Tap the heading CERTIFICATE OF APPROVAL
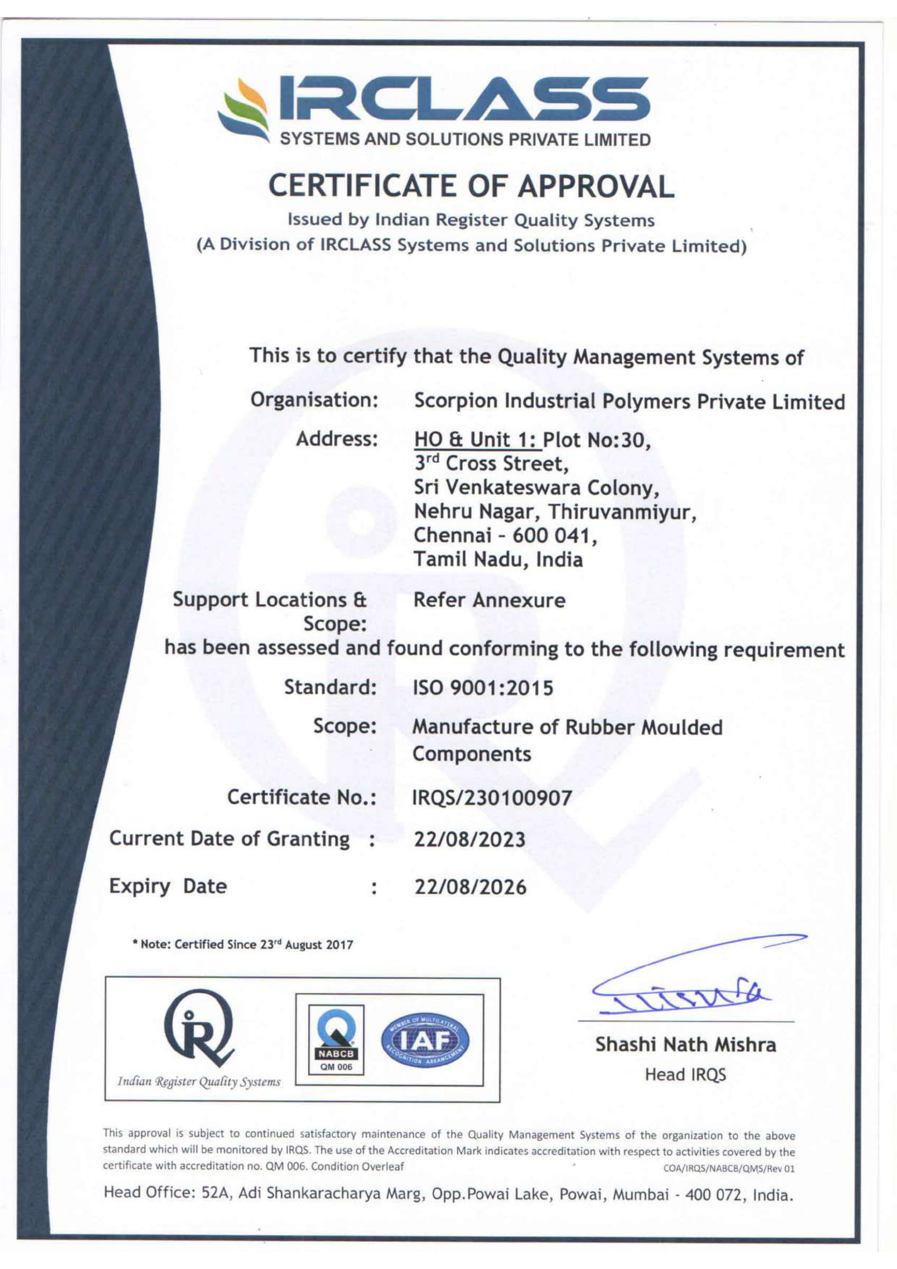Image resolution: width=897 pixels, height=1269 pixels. coord(471,186)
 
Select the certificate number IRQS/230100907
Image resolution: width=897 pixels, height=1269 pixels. coord(492,797)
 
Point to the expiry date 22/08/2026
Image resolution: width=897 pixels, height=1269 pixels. coord(470,887)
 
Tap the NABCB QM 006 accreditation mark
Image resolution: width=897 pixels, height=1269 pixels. coord(336,1040)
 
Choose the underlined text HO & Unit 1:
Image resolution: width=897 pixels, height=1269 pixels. coord(477,440)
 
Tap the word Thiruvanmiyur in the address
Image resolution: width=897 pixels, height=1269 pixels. coord(621,512)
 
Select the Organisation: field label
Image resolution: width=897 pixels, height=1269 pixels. coord(314,400)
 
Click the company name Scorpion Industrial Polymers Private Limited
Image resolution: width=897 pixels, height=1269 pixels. coord(629,402)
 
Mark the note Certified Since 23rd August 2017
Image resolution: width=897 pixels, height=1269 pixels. coord(243,945)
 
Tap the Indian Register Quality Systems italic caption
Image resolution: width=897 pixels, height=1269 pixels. coord(199,1082)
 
